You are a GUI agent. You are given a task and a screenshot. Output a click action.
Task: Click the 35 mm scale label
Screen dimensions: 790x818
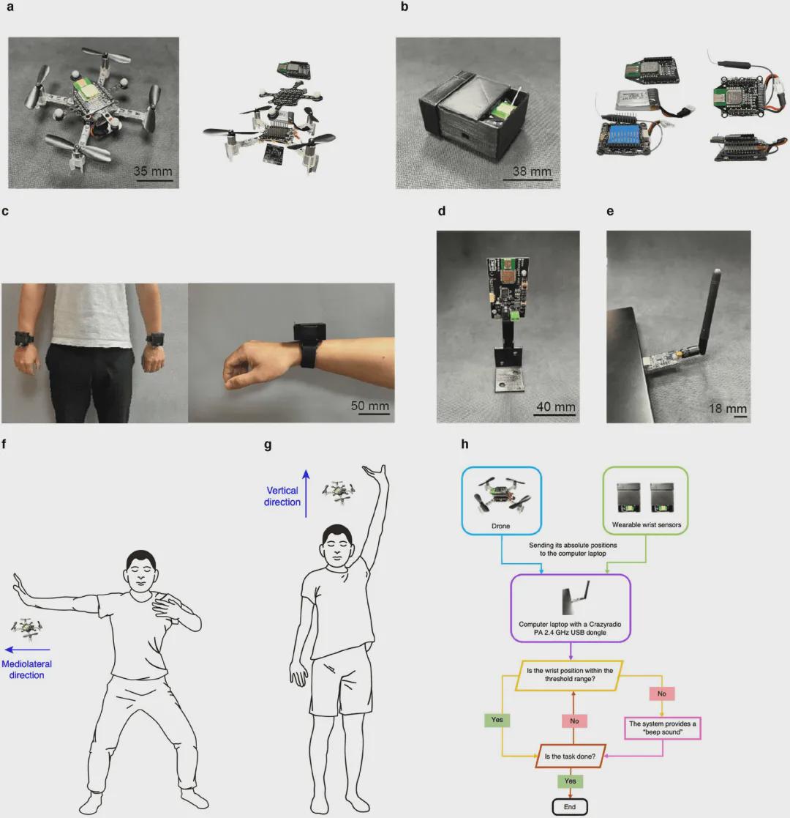click(x=153, y=171)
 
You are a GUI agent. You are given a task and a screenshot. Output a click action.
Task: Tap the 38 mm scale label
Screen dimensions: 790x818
click(x=532, y=171)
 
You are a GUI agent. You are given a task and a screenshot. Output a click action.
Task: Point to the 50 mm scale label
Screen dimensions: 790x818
click(x=370, y=406)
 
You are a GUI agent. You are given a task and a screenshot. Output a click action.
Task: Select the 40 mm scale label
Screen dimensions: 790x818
click(x=556, y=406)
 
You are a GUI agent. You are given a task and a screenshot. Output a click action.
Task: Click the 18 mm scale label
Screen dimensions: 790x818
click(x=728, y=408)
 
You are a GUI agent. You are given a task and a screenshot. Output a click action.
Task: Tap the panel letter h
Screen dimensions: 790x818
click(x=464, y=444)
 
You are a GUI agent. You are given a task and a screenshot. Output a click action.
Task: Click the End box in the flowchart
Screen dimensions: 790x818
click(x=570, y=806)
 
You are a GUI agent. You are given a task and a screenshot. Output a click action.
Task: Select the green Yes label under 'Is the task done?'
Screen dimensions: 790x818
click(x=570, y=781)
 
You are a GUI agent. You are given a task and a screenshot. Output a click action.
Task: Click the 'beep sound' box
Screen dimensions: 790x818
click(x=662, y=728)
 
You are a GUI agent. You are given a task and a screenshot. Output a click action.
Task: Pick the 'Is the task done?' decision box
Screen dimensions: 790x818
click(x=570, y=756)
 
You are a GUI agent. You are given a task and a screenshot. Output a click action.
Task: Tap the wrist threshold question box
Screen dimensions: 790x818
click(x=570, y=675)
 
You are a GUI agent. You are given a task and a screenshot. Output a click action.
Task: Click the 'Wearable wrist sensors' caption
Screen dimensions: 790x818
click(x=646, y=525)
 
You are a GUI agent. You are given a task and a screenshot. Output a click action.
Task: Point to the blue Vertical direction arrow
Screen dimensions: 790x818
click(x=306, y=494)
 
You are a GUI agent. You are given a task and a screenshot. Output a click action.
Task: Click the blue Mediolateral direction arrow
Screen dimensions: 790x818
click(x=28, y=650)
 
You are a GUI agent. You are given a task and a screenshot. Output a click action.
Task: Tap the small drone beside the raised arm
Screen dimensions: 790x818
click(x=339, y=491)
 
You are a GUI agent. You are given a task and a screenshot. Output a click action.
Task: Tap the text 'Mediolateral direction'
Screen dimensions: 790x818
click(x=26, y=669)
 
